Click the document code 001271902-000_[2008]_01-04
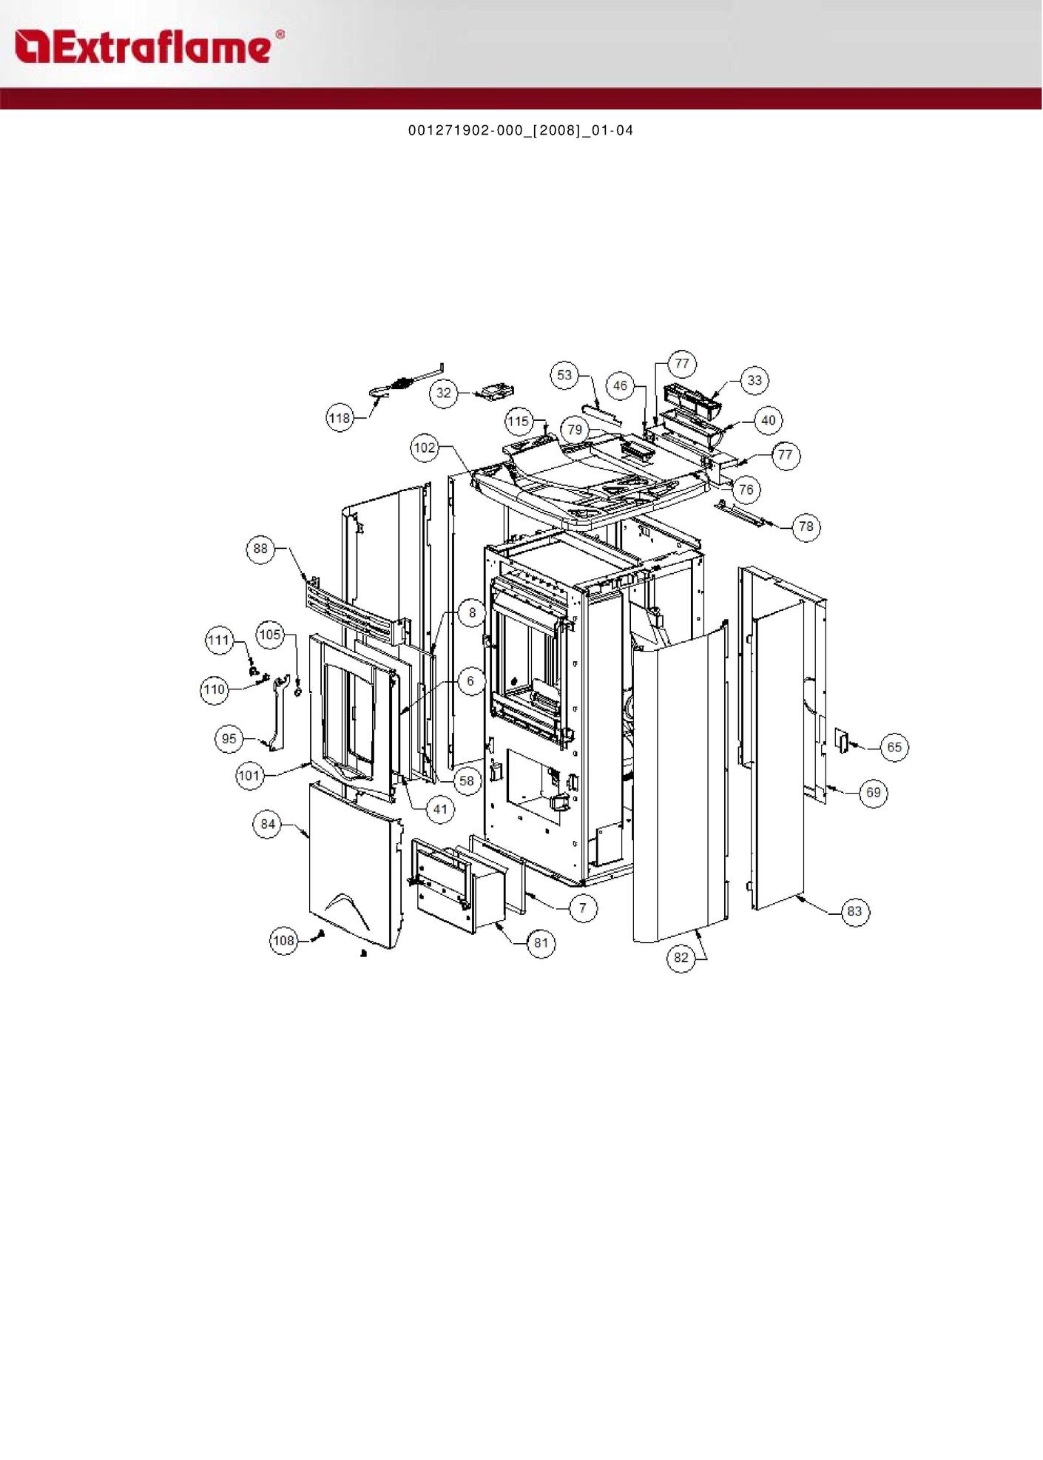(x=521, y=131)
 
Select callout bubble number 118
(x=340, y=419)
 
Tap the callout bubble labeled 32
(x=444, y=393)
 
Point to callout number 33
(x=755, y=380)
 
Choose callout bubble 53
(x=564, y=375)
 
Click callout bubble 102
(x=425, y=448)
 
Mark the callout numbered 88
(x=260, y=549)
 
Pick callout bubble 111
(x=219, y=641)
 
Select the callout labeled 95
(x=229, y=739)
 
